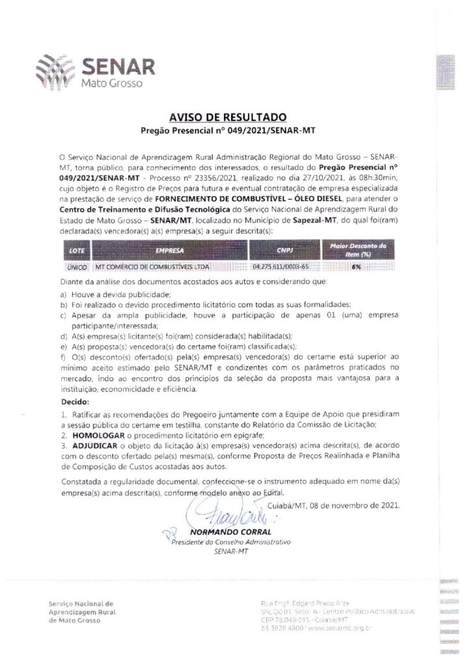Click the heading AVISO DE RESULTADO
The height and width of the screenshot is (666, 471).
[x=228, y=118]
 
